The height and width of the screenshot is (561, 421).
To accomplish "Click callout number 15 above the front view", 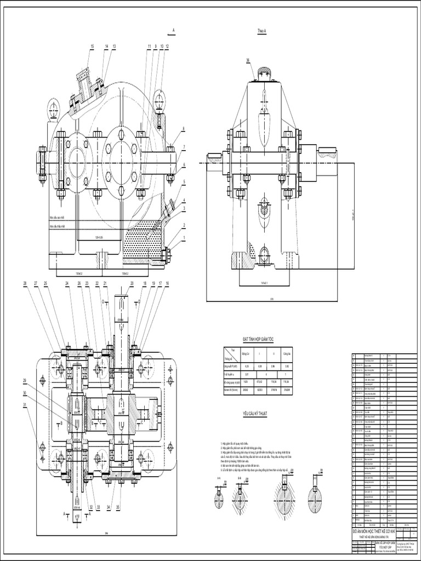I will pos(92,47).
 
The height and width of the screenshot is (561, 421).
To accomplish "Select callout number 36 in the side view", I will pos(248,60).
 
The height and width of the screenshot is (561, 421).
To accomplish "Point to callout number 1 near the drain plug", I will pos(185,238).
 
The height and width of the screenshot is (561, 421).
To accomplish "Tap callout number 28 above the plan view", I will pos(25,283).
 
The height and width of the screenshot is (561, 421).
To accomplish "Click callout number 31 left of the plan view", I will pos(25,405).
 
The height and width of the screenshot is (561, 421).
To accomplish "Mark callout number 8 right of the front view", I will pos(184,129).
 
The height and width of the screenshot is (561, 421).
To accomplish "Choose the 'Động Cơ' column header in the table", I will pos(246,353).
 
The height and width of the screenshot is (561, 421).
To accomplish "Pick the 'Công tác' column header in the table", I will pos(287,353).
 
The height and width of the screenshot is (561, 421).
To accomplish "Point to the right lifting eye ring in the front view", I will pos(160,100).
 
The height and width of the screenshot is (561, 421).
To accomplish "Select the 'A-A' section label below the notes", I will pos(218,478).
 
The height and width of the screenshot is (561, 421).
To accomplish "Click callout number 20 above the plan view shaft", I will pos(132,283).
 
